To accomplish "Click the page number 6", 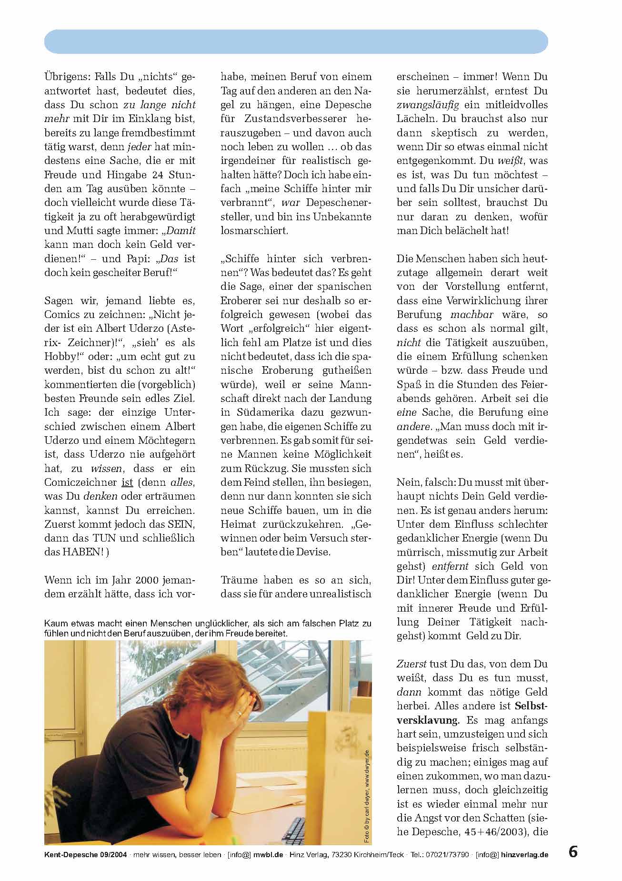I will pos(573,851).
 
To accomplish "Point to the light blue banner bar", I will pos(296,41).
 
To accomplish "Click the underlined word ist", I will pos(128,482).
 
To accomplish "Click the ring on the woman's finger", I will pos(240,713).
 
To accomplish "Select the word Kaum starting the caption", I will pos(55,624).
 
